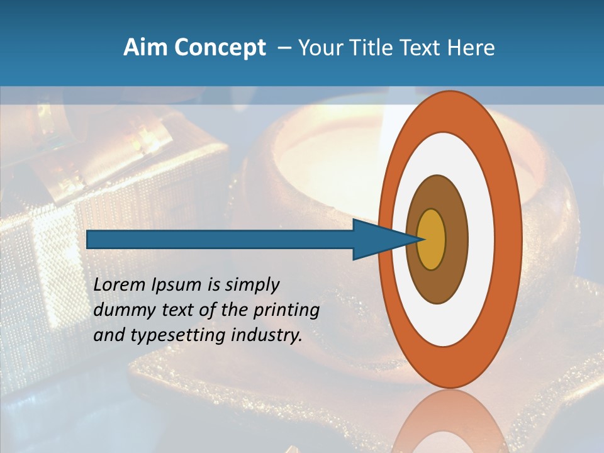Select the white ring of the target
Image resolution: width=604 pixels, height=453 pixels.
481,239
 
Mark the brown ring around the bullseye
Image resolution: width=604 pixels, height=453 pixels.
457,239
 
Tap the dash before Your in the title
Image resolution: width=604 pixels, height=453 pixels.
284,48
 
